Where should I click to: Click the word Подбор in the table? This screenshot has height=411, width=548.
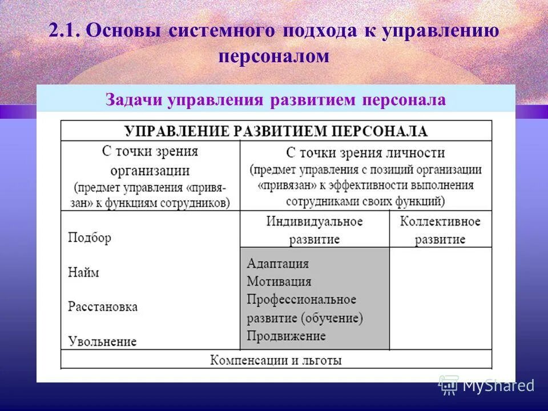89,237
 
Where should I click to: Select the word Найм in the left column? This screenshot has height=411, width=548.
83,272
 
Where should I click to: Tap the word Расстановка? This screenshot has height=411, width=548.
103,307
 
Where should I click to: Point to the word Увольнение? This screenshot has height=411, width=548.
102,341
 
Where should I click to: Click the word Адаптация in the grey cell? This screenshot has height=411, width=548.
277,264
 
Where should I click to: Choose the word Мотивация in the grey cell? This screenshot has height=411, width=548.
279,281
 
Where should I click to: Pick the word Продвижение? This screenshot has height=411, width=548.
286,336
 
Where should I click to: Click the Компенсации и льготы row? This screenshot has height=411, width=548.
276,360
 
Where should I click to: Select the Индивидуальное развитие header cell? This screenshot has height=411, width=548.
314,229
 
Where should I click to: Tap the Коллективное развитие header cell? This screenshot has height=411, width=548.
440,229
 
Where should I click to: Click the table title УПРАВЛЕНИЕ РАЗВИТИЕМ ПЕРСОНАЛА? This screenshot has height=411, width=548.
276,131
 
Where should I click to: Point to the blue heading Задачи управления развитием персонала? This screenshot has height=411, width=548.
275,100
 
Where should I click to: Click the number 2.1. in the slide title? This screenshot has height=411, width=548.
65,31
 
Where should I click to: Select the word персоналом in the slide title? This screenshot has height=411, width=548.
274,56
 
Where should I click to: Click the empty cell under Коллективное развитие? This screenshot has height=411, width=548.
440,298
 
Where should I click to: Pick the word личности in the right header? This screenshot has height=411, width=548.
416,152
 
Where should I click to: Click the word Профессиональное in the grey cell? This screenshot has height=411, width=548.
301,300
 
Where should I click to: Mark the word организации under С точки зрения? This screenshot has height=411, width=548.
150,170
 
